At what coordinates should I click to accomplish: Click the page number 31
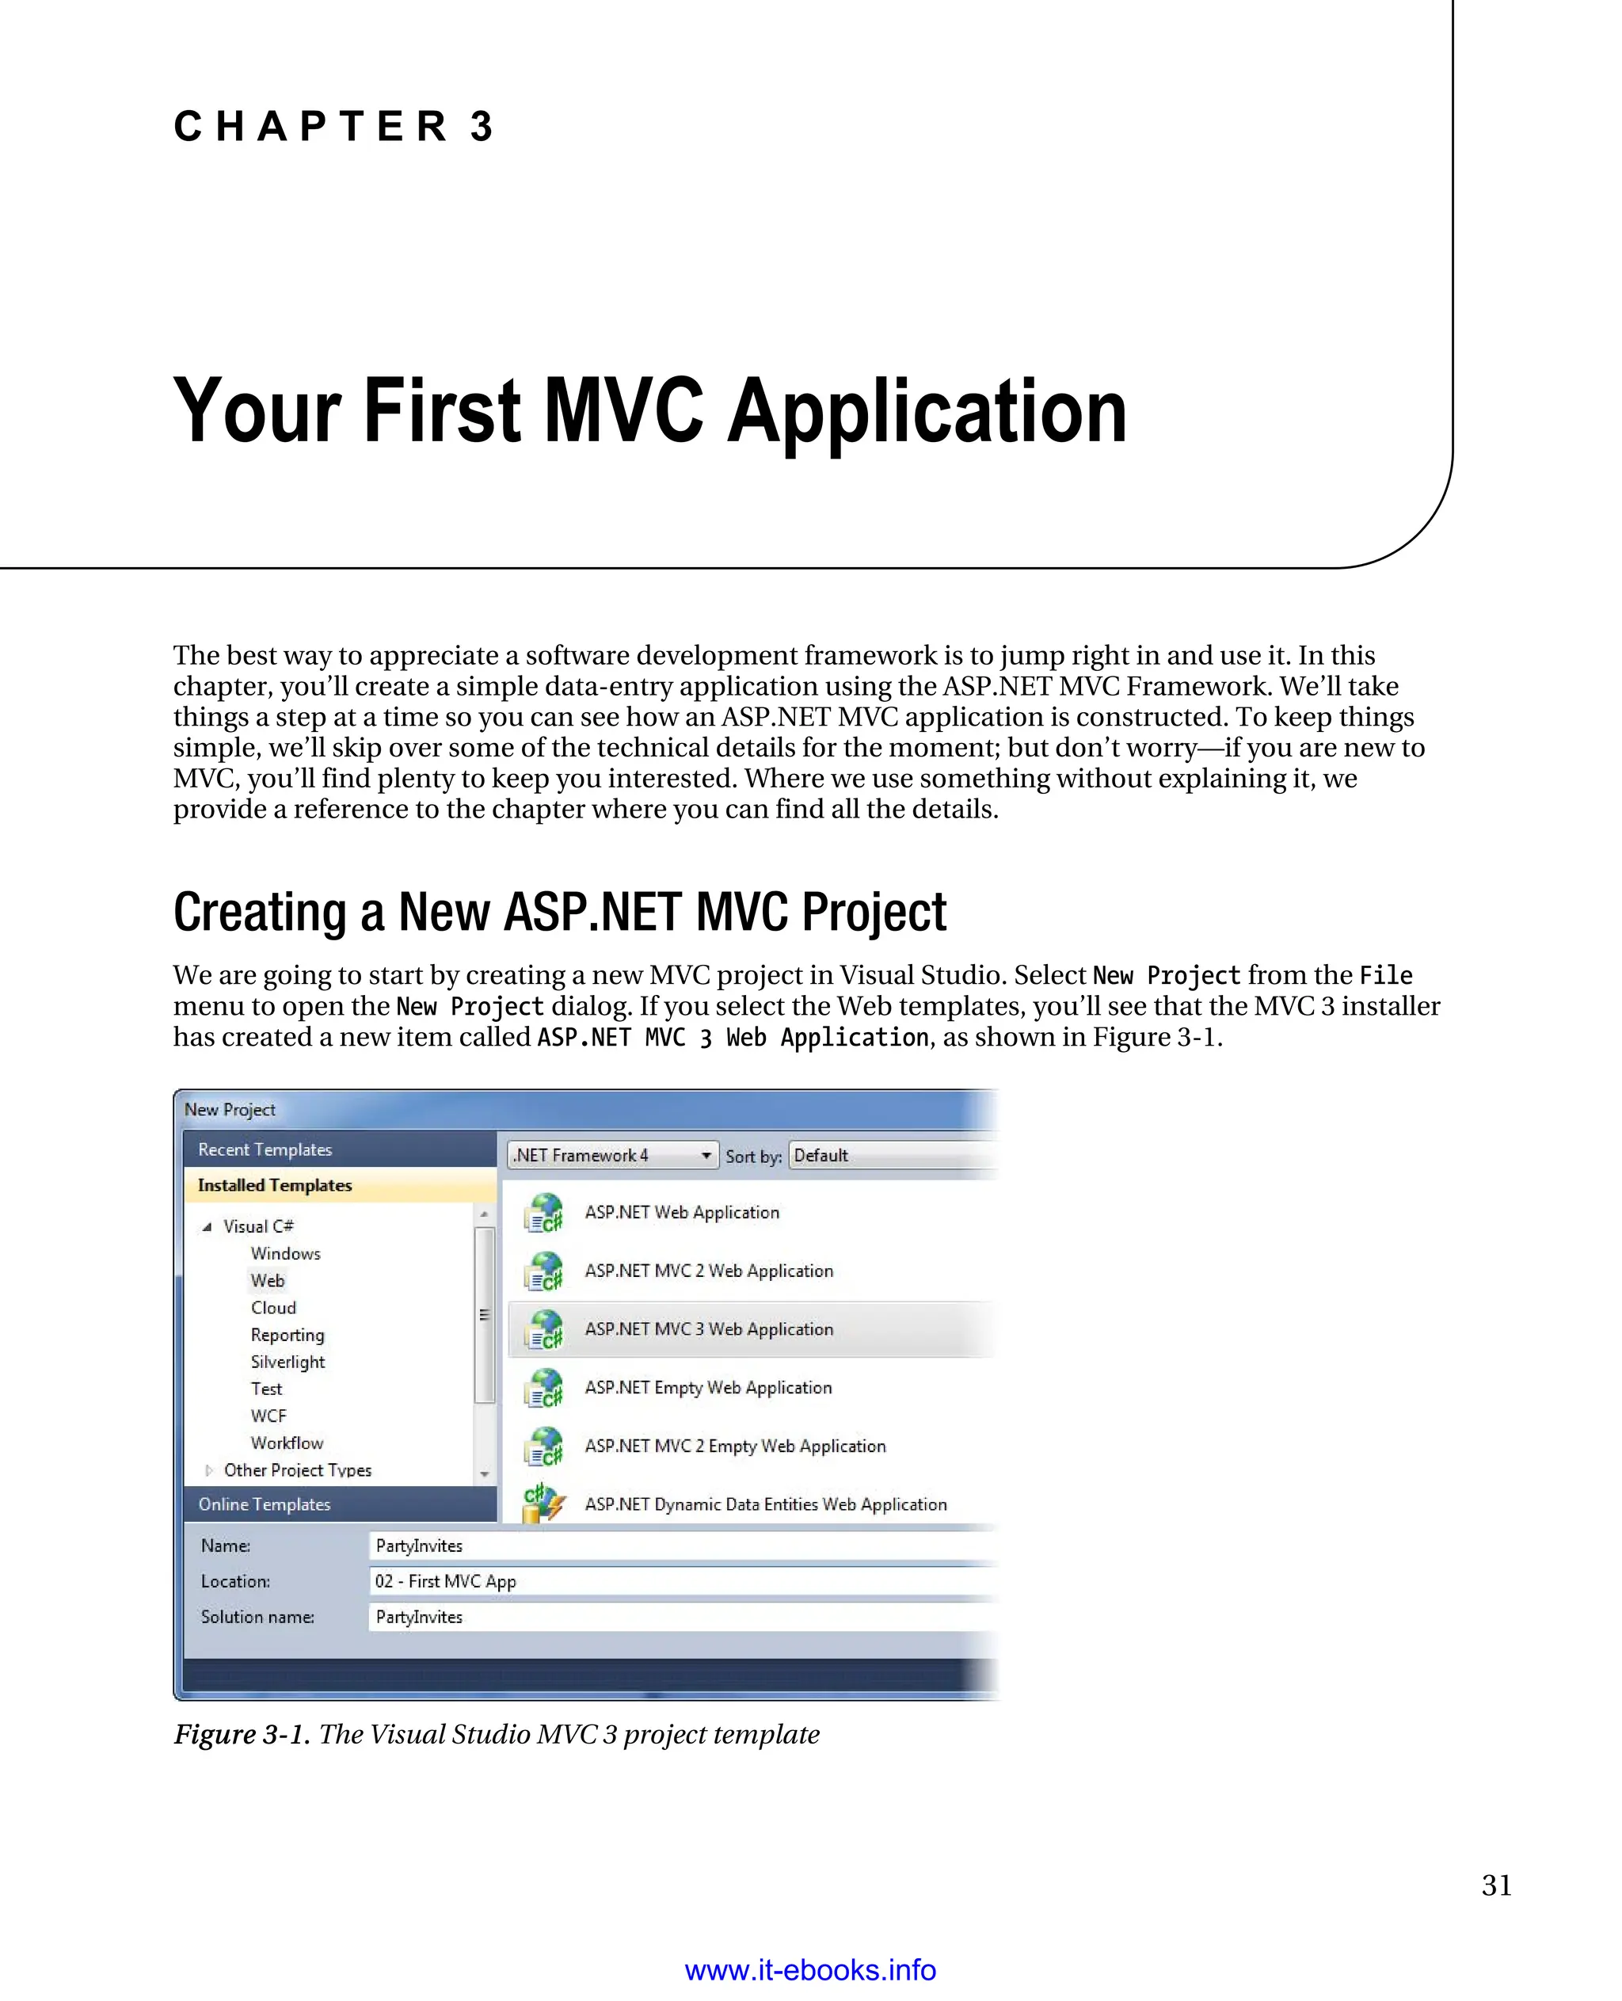point(1496,1885)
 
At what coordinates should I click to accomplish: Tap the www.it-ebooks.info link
point(810,1969)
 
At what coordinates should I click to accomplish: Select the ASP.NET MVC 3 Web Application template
point(708,1329)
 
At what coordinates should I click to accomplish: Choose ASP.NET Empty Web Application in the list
point(707,1388)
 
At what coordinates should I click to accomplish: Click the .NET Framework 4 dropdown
point(613,1155)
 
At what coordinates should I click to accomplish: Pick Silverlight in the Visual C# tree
point(287,1362)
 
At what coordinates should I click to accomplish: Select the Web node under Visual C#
point(267,1280)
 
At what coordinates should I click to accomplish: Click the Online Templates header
point(265,1504)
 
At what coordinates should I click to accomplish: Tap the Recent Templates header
point(265,1149)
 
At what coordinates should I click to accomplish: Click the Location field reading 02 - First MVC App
point(682,1581)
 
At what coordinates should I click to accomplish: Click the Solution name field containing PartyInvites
point(682,1617)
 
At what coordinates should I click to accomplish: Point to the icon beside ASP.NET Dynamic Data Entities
point(543,1503)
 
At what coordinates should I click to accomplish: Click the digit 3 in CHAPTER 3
point(482,127)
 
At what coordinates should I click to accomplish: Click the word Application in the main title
point(927,411)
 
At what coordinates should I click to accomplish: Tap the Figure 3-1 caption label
point(241,1735)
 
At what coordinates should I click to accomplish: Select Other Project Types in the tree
point(297,1470)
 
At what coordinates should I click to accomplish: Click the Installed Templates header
point(275,1185)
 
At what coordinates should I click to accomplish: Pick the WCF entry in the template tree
point(268,1416)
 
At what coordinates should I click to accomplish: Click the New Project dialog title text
point(230,1109)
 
